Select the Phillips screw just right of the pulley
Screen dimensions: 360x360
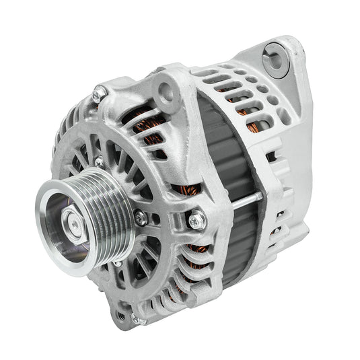point(139,217)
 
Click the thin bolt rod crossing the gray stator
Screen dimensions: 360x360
point(232,200)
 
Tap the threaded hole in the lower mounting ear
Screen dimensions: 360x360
point(125,311)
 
